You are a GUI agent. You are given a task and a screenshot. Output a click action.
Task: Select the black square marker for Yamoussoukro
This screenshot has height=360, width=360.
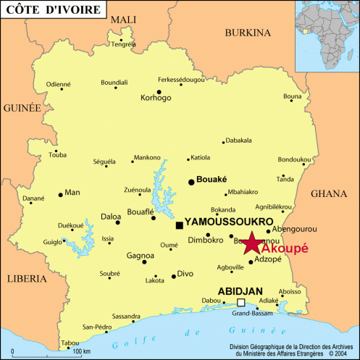[180, 226]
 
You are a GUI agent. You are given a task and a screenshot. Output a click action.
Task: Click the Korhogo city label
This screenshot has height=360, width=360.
[156, 97]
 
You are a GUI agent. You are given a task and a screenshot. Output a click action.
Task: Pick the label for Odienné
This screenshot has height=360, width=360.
[59, 84]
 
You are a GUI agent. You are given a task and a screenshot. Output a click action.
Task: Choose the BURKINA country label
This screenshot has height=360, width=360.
[247, 33]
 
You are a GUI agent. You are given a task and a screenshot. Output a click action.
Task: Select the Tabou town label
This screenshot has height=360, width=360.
[70, 343]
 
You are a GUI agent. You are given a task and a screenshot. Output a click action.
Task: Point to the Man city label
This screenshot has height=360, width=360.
[72, 193]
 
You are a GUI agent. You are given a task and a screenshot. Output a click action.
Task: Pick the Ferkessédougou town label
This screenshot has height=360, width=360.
[181, 80]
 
